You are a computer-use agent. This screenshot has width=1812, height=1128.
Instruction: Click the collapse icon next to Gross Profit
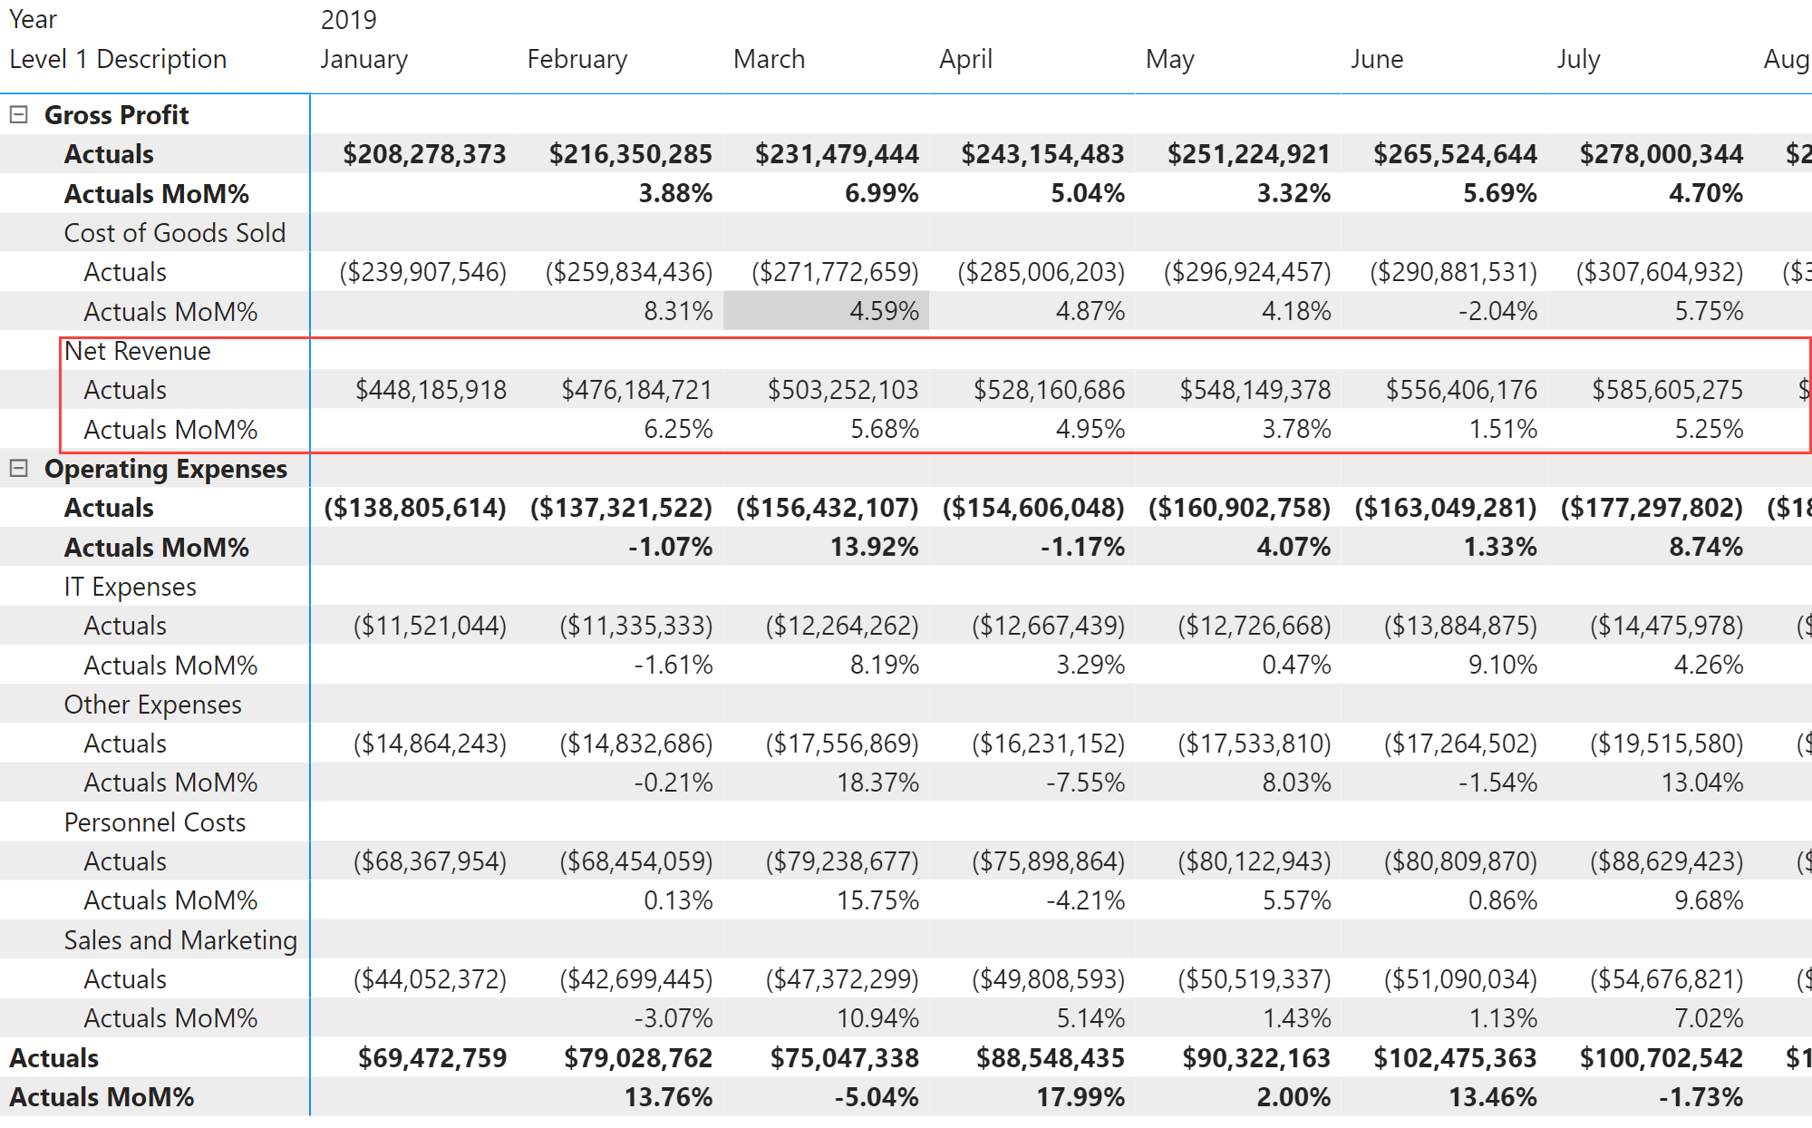coord(18,115)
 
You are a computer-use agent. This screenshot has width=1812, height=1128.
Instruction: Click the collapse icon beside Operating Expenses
coord(18,469)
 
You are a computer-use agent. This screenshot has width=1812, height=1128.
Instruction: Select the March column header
coord(769,59)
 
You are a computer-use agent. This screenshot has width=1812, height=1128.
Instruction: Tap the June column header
coord(1376,59)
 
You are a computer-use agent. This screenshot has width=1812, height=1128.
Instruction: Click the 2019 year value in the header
coord(348,20)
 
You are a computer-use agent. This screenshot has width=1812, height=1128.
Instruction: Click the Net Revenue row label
coord(137,351)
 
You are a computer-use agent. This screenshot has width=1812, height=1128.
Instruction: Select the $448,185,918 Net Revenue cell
coord(431,390)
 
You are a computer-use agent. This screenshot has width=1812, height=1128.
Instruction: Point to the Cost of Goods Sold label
coord(174,233)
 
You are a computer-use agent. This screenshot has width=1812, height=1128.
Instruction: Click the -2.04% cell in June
coord(1497,311)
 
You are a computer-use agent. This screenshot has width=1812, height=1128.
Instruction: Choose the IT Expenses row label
coord(130,587)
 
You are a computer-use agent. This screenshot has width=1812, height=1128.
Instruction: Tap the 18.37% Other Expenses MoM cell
coord(877,783)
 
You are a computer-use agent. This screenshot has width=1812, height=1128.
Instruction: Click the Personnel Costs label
coord(154,822)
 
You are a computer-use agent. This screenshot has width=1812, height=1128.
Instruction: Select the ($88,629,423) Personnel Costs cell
coord(1666,861)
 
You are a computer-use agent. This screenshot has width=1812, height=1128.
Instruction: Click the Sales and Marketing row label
coord(179,940)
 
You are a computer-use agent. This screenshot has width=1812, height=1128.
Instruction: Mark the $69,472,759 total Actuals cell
coord(431,1058)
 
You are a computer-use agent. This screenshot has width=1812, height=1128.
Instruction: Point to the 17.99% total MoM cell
coord(1080,1097)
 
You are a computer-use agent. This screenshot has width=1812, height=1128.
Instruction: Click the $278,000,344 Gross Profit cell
coord(1661,154)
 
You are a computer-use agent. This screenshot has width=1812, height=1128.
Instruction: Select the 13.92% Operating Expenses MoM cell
coord(874,547)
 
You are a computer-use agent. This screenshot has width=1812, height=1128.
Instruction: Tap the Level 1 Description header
coord(118,59)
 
